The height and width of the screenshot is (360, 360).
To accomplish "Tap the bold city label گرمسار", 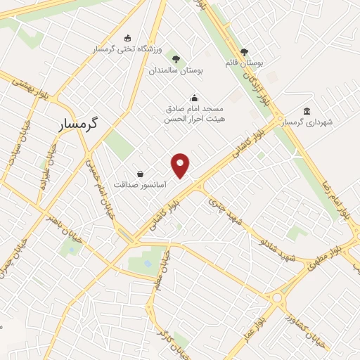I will pos(77,122).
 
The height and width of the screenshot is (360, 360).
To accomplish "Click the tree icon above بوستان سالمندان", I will pos(175,59).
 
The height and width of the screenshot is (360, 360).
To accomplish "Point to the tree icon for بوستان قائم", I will pos(244,51).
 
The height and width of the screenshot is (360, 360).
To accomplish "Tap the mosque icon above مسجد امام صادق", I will pos(194,98).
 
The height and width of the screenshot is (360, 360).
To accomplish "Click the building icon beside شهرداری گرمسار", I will pos(306,111).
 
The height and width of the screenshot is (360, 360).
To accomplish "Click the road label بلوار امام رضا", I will pos(335,193).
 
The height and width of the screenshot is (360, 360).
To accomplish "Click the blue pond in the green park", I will pos(148,264).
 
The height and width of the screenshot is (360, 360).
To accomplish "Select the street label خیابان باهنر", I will pos(60,226).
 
